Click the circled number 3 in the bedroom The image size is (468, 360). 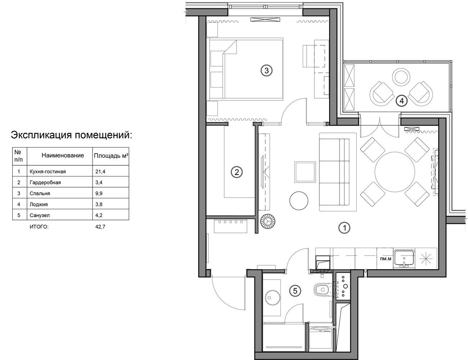(x=266, y=71)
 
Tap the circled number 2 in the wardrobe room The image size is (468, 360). (x=237, y=172)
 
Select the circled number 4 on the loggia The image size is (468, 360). (x=402, y=101)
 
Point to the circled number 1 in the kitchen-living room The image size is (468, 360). (x=344, y=228)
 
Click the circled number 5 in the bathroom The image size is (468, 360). (x=295, y=291)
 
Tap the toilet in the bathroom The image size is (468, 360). (x=322, y=289)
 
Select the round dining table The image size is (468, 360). (x=395, y=172)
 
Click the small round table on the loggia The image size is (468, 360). (x=401, y=76)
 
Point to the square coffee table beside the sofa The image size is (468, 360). (x=305, y=172)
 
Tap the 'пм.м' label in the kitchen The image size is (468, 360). (x=386, y=259)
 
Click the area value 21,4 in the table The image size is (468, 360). (x=100, y=172)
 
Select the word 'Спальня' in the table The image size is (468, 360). (x=40, y=194)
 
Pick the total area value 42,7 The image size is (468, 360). (x=100, y=227)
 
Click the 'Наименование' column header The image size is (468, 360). (x=63, y=156)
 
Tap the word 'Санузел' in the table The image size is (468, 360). (x=40, y=215)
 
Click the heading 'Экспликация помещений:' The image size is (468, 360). (x=72, y=135)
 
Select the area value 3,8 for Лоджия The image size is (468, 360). (x=99, y=204)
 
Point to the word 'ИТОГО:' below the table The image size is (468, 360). (x=39, y=227)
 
